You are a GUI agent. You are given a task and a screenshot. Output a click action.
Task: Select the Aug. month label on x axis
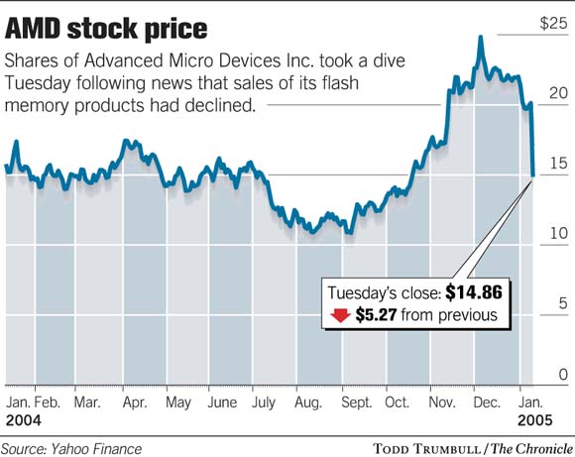[309, 403]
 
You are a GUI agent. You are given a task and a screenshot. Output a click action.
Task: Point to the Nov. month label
[442, 403]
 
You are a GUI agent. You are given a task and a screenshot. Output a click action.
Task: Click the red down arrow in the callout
[339, 316]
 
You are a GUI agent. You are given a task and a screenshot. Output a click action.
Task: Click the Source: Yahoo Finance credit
[72, 448]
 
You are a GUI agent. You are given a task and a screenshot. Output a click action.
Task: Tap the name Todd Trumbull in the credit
[428, 448]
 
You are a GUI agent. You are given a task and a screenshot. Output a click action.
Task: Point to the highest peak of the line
[480, 38]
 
